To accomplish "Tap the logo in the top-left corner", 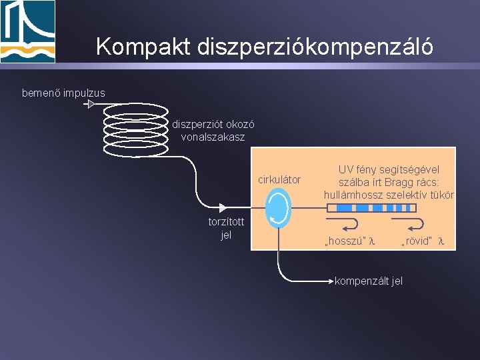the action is [x=28, y=31].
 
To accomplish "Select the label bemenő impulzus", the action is [x=63, y=93].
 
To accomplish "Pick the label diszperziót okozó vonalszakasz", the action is [x=213, y=131].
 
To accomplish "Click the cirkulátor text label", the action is [x=279, y=179].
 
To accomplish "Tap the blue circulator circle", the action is [x=278, y=208].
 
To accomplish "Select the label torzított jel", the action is [x=226, y=229].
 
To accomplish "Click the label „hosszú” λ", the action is [x=349, y=241].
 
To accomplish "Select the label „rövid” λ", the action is [x=423, y=241].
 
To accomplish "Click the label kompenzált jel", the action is [x=369, y=281].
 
